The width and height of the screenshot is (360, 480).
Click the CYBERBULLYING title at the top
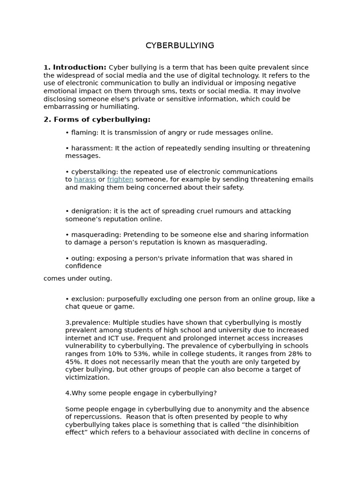tap(180, 45)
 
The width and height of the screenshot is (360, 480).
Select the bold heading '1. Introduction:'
tap(75, 67)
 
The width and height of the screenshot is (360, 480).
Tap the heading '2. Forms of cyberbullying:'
tap(97, 120)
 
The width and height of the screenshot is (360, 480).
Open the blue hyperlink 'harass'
tap(85, 180)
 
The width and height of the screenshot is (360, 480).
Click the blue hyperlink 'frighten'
tap(120, 180)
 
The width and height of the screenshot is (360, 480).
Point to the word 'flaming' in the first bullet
tap(84, 133)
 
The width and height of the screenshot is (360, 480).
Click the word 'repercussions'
tap(97, 417)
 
